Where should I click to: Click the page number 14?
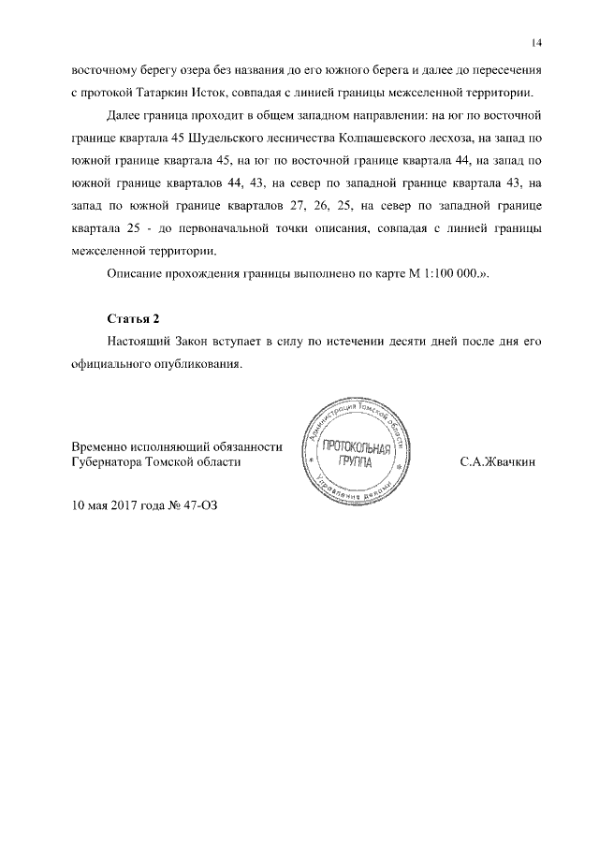click(536, 44)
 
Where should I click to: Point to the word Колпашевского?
click(387, 138)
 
